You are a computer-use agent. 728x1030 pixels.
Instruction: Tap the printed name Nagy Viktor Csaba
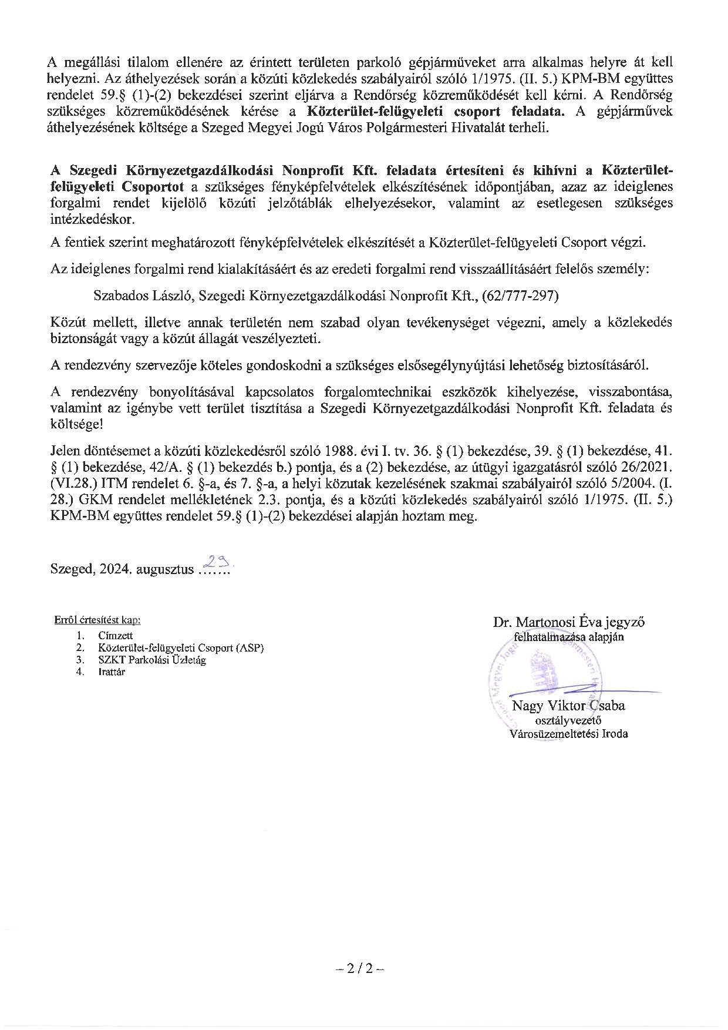[568, 705]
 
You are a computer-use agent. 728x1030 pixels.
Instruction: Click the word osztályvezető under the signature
[568, 720]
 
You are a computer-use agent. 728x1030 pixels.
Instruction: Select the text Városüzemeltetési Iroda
[568, 733]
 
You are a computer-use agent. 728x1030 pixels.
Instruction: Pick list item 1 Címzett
[116, 635]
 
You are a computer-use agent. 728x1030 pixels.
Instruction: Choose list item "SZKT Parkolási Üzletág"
[153, 660]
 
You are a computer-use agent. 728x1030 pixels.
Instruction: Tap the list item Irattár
[112, 672]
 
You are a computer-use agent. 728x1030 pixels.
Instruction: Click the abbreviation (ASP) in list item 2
[250, 647]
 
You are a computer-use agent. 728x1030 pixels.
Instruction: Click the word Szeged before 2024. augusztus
[70, 569]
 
